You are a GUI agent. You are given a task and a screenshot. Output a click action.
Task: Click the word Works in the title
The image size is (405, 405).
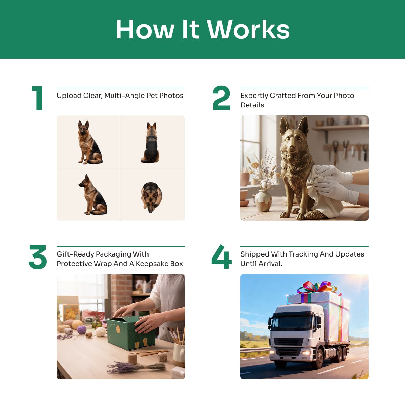[x=248, y=29]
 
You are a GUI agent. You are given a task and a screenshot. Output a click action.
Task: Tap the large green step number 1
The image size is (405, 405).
[x=37, y=98]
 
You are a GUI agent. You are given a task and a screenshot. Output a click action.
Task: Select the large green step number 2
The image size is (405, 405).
[x=221, y=98]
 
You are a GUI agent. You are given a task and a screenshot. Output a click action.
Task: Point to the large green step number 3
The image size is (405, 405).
[x=37, y=257]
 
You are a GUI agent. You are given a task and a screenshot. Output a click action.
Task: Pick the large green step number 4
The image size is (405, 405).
[x=221, y=256]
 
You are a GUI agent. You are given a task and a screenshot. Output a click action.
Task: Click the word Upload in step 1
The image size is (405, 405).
[x=69, y=96]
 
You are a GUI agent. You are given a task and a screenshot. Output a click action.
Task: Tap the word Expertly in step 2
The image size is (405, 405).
[x=254, y=96]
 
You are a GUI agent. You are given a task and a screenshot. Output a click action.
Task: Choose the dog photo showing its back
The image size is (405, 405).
[x=151, y=143]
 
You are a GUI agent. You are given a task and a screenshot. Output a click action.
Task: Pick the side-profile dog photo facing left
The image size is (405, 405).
[x=93, y=195]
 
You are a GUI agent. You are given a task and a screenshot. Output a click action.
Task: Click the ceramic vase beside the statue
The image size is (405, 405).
[x=263, y=201]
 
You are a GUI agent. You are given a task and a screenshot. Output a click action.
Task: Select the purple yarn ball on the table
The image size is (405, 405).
[x=82, y=330]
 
